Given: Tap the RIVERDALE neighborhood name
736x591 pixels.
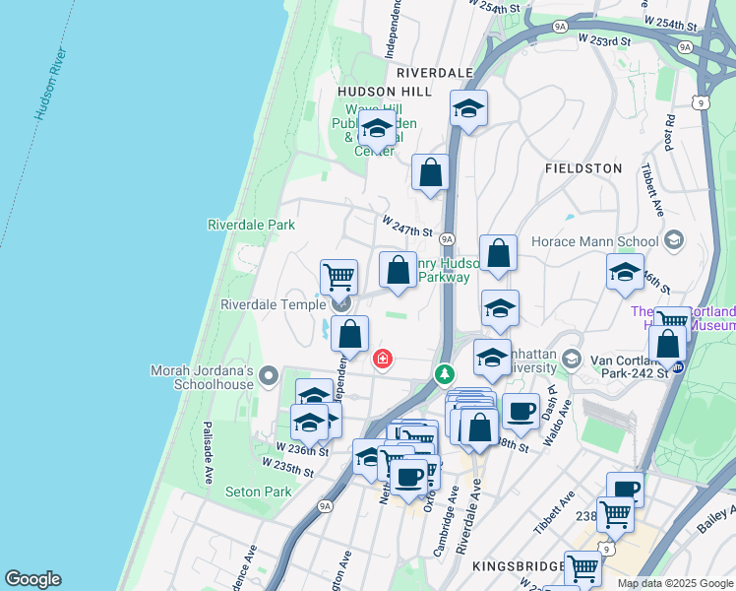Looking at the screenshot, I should pos(434,73).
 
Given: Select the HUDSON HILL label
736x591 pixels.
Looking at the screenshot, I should pos(384,91).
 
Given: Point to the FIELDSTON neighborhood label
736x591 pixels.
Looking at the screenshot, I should pos(583,168).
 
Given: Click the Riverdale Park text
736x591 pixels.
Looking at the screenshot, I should pos(251,225).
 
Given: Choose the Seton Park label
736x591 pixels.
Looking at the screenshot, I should pos(258,492).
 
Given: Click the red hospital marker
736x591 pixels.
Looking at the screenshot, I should pos(382,361).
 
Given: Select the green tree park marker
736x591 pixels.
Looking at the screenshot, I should pos(446,374).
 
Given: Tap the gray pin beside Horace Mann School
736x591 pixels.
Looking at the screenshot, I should pos(674,239).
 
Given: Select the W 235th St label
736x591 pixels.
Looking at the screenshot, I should pos(287,467).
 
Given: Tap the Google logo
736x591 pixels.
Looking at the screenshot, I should pos(32,579).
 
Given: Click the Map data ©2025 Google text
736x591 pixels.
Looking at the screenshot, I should pos(674,583).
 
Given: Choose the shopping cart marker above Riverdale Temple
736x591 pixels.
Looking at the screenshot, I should pos(338,278).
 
